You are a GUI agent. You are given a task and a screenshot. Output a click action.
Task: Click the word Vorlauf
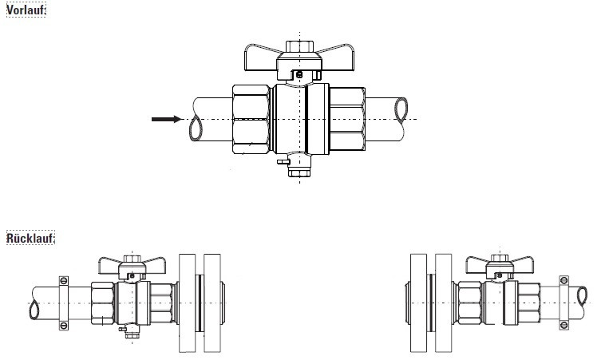[x=25, y=10]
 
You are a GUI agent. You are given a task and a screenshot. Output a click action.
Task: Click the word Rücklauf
[x=30, y=238]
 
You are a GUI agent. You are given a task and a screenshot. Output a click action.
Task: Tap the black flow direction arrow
[x=167, y=119]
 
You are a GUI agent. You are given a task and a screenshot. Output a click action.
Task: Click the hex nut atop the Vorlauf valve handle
[x=299, y=46]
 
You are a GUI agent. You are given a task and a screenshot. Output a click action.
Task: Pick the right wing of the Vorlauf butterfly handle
[x=337, y=58]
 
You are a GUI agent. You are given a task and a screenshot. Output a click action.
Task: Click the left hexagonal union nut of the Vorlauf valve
[x=251, y=119]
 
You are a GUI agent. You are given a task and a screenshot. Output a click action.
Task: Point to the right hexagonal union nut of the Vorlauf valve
[x=347, y=119]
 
